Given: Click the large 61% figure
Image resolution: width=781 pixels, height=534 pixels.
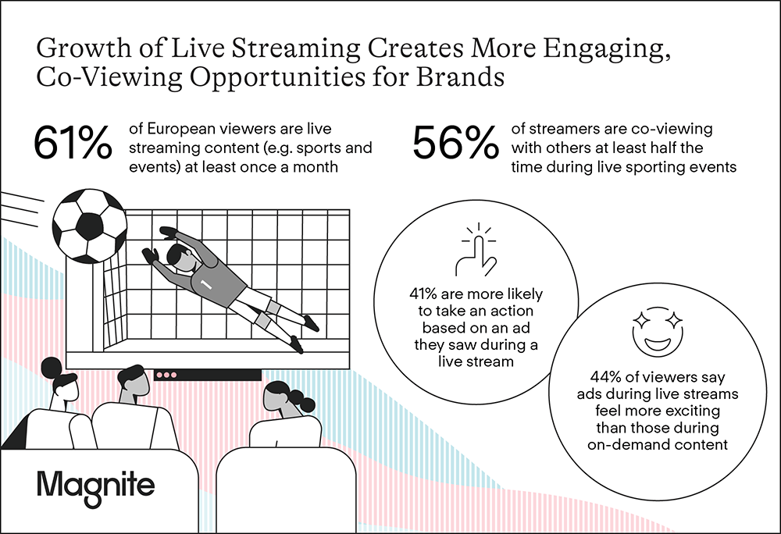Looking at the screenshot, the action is pos(73,143).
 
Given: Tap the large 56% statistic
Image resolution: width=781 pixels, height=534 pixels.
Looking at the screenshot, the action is pos(455,143).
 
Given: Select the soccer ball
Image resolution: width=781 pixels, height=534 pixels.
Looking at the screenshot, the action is pos(90,226).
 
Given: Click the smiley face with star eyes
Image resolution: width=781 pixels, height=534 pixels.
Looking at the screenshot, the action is pos(658,331).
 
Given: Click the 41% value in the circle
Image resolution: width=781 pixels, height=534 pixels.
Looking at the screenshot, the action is pos(423,294).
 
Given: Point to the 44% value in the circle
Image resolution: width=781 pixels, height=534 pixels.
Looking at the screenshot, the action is pos(606,377).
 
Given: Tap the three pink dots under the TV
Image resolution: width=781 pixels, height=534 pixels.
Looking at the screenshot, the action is pos(166,375).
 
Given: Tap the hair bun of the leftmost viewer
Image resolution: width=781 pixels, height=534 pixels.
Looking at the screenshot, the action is pos(52,368).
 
